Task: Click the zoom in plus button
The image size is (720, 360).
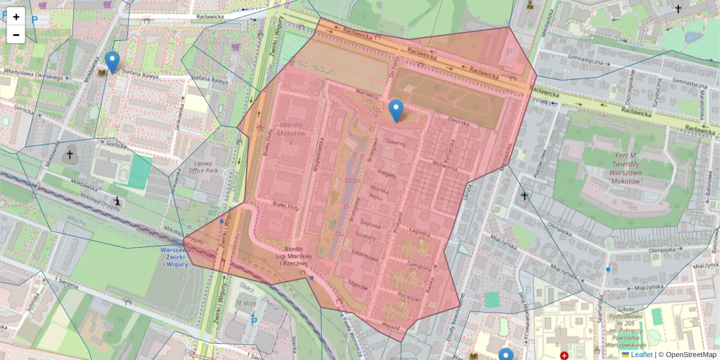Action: (x=16, y=17)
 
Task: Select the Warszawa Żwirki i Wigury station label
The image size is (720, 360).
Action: (x=174, y=256)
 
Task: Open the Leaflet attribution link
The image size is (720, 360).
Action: (x=641, y=355)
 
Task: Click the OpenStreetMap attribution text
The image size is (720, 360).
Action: (x=691, y=355)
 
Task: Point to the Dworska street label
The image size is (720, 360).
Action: (x=458, y=121)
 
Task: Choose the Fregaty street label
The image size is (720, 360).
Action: (x=388, y=173)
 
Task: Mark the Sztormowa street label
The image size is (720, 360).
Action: (x=365, y=259)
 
